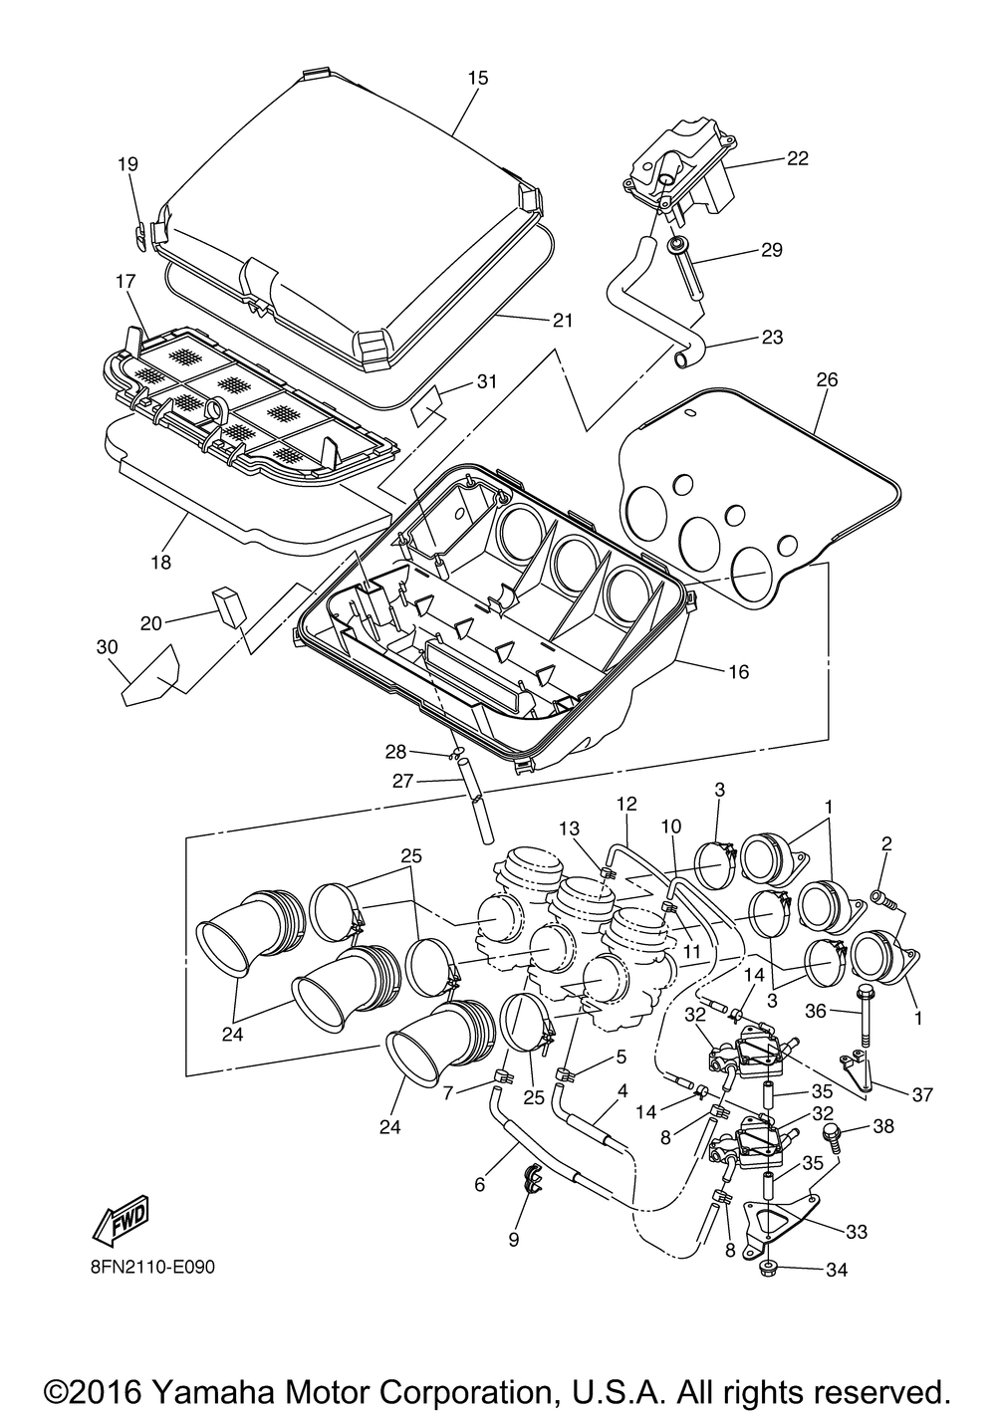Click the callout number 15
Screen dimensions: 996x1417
[x=478, y=78]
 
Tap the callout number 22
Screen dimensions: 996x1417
[x=798, y=158]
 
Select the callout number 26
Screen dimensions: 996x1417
[x=827, y=379]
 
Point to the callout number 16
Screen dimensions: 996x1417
[x=738, y=671]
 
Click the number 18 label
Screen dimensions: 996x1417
[x=160, y=562]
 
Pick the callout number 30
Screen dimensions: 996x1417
[x=107, y=646]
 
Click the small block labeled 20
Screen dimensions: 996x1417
[x=230, y=606]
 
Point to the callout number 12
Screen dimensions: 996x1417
[x=626, y=804]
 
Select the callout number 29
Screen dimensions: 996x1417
[x=771, y=250]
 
